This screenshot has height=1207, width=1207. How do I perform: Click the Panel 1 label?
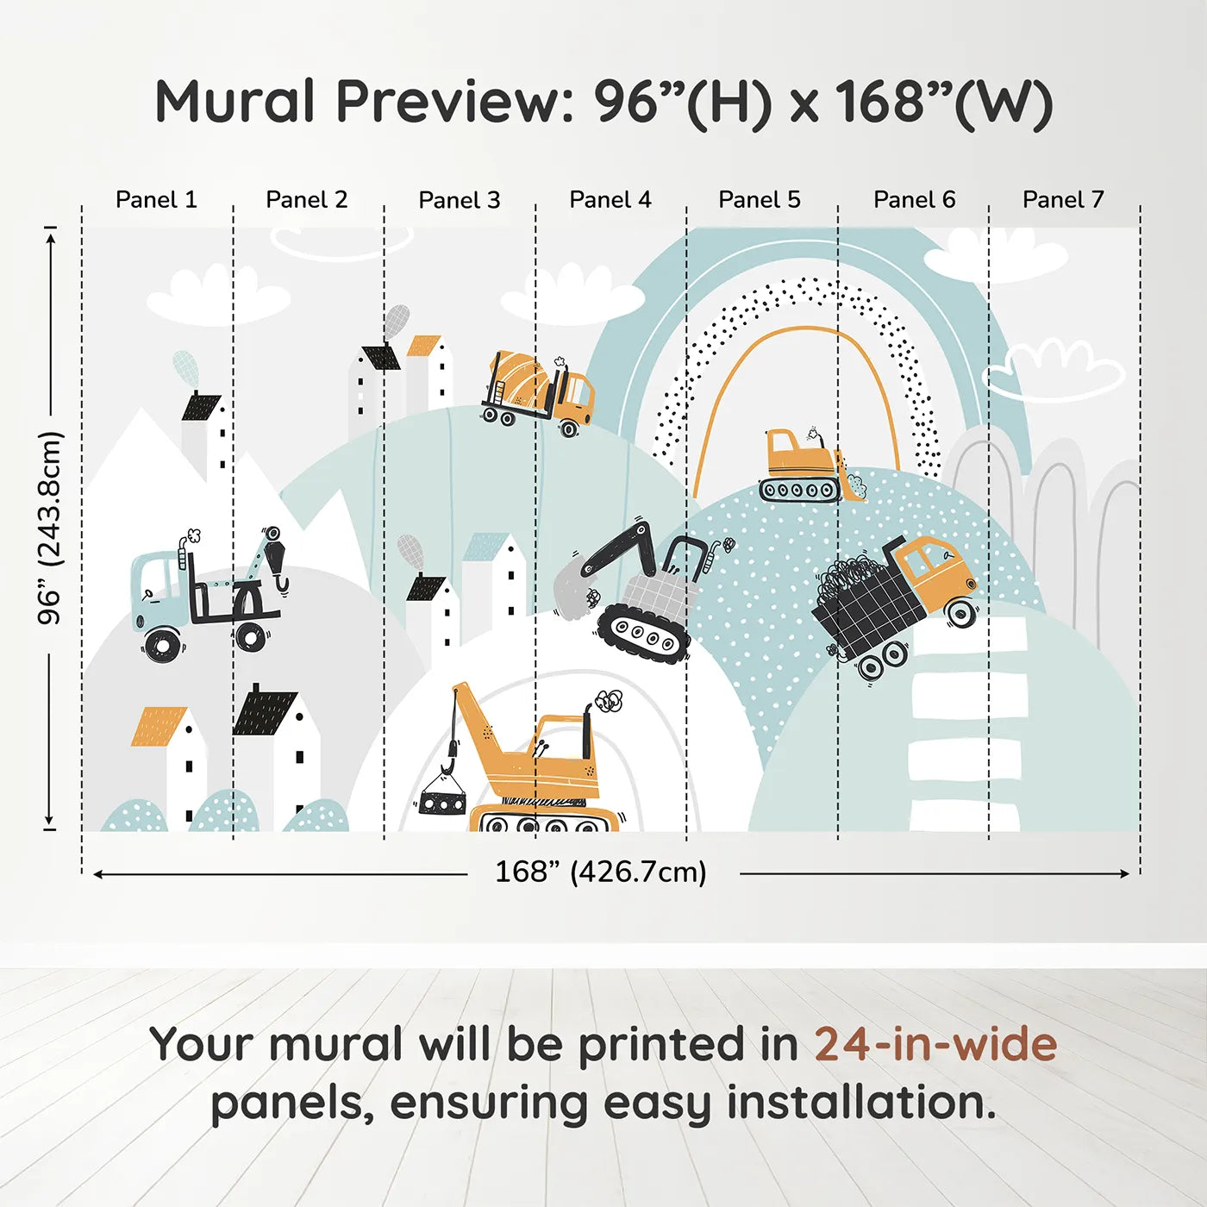click(156, 200)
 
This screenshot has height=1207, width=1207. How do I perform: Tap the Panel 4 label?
click(610, 200)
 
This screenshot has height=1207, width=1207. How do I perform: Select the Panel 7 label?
click(1063, 200)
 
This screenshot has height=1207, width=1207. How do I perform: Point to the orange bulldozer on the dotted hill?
click(811, 466)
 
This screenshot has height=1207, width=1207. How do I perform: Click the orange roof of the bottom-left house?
click(159, 727)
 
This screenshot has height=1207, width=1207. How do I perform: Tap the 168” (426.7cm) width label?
click(601, 872)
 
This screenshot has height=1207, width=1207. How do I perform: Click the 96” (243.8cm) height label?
click(49, 528)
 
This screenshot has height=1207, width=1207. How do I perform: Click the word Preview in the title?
click(454, 102)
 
